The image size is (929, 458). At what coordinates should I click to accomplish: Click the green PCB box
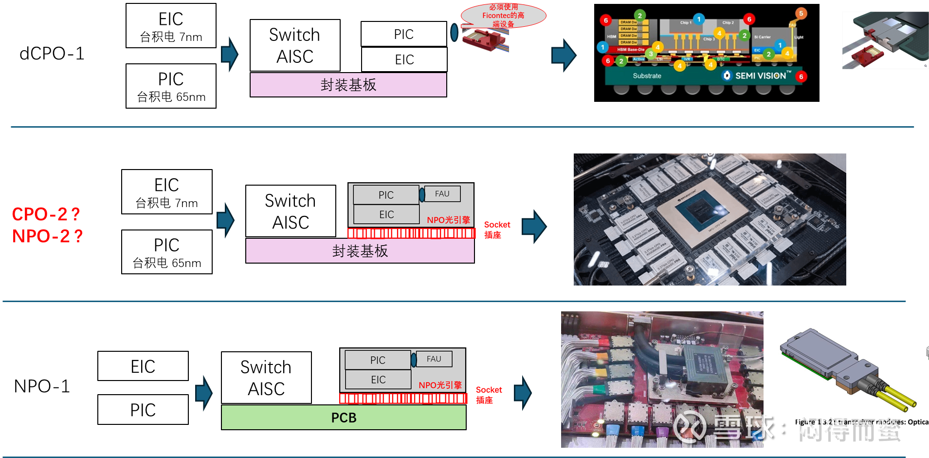pos(344,418)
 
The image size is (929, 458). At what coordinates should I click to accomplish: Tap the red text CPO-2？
pos(46,214)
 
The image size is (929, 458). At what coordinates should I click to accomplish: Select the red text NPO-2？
pos(47,236)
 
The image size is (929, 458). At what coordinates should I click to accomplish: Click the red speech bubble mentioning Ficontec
pos(503,16)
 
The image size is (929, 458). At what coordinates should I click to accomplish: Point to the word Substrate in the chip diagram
pos(647,76)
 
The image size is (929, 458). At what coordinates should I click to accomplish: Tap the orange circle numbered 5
pos(801,13)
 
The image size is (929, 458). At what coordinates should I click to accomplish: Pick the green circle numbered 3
pos(651,54)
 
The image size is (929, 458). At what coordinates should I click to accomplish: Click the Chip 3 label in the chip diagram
pos(709,39)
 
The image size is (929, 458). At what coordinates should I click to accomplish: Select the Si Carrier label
pos(763,37)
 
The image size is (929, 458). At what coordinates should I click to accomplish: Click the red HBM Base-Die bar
pos(630,50)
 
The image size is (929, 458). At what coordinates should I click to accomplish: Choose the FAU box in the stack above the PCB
pos(434,359)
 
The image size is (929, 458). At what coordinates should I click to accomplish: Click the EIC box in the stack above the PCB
pos(378,380)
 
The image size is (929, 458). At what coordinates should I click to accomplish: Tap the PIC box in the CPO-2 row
pos(386,195)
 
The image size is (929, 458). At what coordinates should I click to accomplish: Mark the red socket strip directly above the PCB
pos(403,399)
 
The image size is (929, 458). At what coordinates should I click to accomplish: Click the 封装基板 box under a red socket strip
pos(360,251)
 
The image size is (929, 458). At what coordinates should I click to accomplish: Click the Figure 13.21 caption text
pos(861,422)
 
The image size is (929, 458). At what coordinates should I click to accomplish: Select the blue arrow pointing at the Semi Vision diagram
pos(564,55)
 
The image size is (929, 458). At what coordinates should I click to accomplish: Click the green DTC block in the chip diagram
pos(721,59)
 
